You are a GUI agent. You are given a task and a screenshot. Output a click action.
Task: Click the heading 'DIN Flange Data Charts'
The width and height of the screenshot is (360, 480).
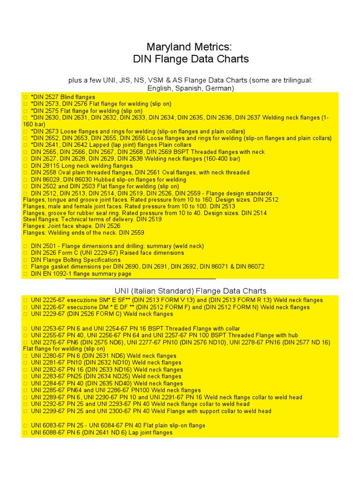[x=190, y=59]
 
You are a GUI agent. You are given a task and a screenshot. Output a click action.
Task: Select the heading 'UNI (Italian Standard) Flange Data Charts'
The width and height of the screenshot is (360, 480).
[x=190, y=291]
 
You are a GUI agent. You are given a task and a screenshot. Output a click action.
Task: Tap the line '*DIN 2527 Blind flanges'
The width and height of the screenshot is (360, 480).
[x=63, y=97]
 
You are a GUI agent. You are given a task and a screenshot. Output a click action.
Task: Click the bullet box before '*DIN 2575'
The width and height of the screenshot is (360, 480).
[x=25, y=111]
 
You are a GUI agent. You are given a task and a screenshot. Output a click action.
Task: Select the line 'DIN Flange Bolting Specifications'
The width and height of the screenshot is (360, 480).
[x=75, y=260]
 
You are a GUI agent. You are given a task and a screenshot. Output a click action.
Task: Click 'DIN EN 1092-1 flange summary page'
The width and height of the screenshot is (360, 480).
[x=81, y=274]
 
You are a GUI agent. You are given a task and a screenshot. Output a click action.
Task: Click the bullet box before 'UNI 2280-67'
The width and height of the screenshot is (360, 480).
[x=25, y=356]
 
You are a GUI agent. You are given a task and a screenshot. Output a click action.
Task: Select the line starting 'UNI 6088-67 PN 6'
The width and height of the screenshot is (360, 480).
[x=101, y=433]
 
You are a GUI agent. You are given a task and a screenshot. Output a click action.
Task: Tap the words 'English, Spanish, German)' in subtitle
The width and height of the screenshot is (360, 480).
[x=190, y=88]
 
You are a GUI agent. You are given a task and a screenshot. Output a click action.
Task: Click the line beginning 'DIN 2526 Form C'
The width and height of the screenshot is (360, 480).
[x=107, y=253]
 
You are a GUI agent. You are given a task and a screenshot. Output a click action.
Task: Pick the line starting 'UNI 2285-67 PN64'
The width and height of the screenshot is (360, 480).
[x=115, y=390]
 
